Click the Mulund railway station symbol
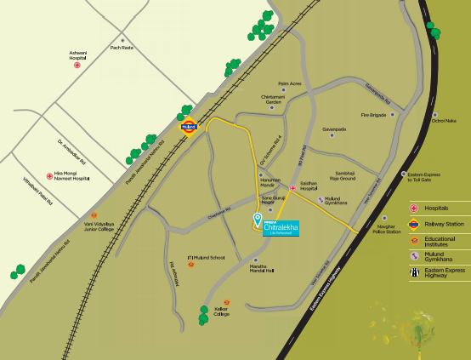point(189,127)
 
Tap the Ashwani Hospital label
point(78,54)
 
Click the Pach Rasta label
point(122,48)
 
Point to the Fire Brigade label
point(373,114)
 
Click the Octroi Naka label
point(444,121)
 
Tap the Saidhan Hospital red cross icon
point(292,187)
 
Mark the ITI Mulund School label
point(207,257)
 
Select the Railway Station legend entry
point(440,224)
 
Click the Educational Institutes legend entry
point(440,241)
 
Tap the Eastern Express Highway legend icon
point(414,272)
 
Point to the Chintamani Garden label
point(273,99)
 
